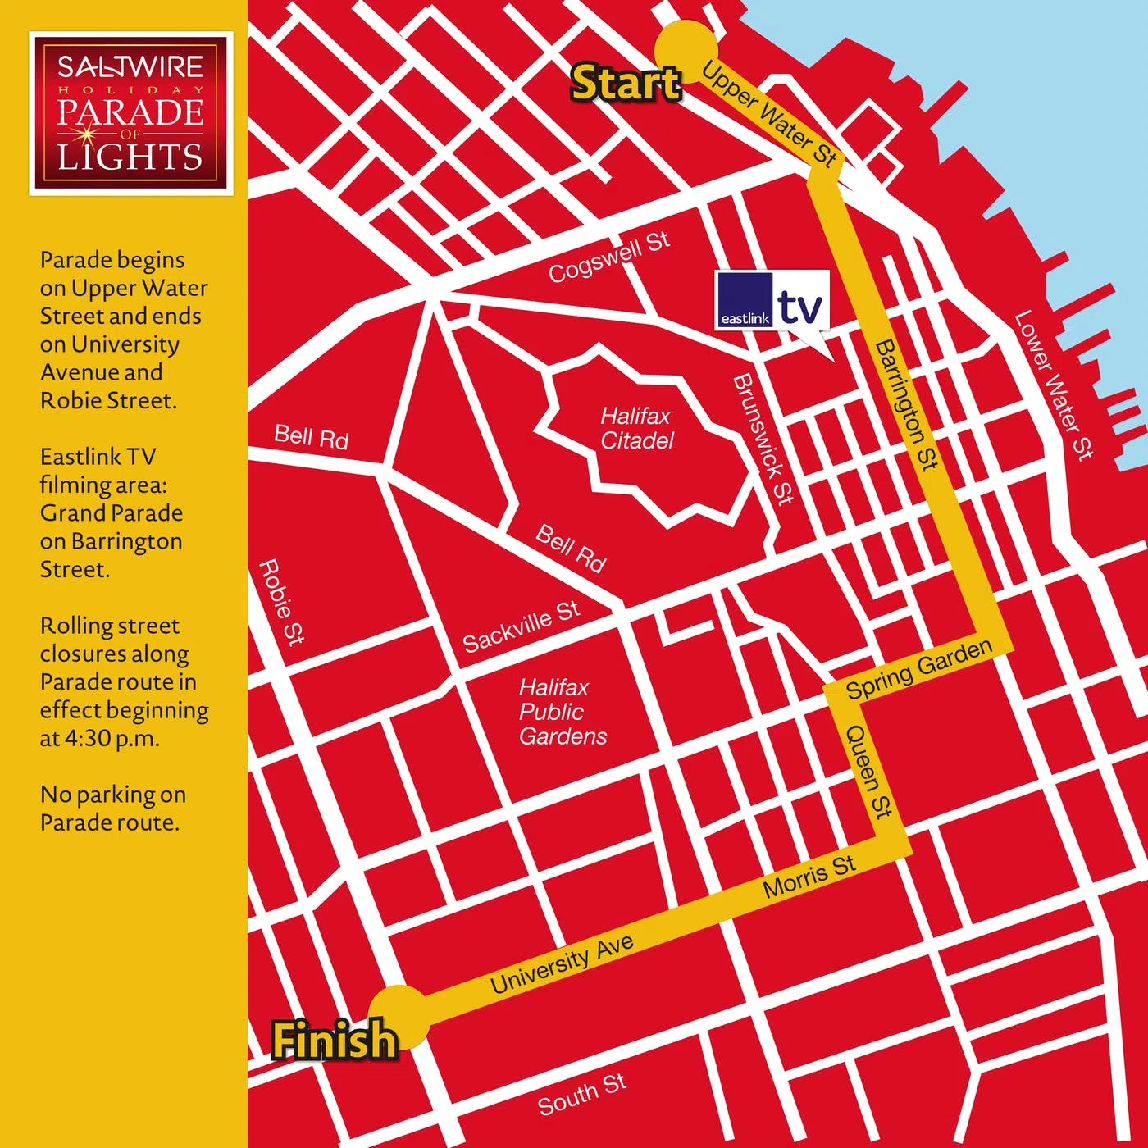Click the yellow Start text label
[626, 84]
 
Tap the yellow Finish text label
[335, 1040]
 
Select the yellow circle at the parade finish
[399, 1016]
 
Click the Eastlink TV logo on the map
[772, 300]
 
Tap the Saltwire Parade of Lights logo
[131, 113]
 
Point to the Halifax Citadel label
[636, 428]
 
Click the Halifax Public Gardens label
[563, 712]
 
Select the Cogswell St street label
[608, 257]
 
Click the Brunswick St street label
[763, 439]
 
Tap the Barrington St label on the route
[905, 405]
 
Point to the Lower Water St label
[1054, 385]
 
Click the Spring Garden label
[918, 670]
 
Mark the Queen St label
[868, 771]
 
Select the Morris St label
[809, 877]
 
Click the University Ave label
[562, 963]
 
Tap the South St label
[581, 1094]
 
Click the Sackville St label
[521, 626]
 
